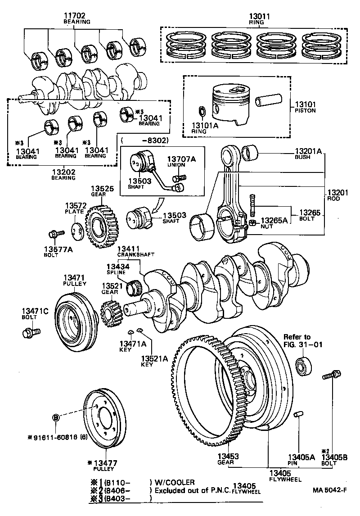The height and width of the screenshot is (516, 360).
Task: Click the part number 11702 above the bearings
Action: coord(76,16)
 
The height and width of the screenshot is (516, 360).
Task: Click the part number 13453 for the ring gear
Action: coord(228,457)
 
